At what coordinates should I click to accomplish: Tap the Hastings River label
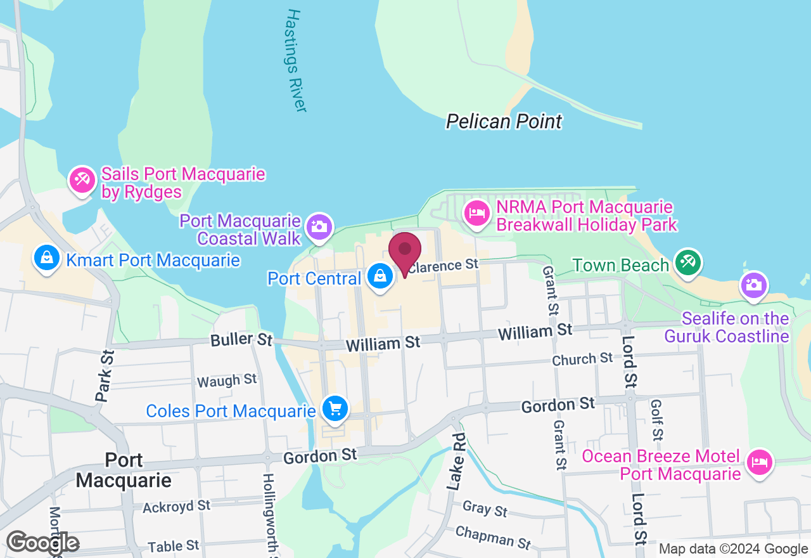point(296,60)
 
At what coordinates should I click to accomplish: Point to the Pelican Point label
point(504,121)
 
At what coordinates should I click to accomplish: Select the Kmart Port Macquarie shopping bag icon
point(46,259)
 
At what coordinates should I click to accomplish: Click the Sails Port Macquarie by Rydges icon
point(82,181)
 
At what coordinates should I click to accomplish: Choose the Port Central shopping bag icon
point(380,277)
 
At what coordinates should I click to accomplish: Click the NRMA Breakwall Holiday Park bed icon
point(476,214)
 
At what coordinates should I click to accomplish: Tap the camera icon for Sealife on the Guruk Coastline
point(753,285)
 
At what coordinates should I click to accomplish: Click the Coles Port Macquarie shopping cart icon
point(335,409)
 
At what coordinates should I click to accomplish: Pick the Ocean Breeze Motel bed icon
point(759,462)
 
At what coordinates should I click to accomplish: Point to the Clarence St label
point(443,266)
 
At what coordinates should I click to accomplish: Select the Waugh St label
point(227,380)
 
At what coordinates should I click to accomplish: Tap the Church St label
point(582,360)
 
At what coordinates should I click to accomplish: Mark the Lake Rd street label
point(456,462)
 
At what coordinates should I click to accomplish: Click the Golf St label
point(656,420)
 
